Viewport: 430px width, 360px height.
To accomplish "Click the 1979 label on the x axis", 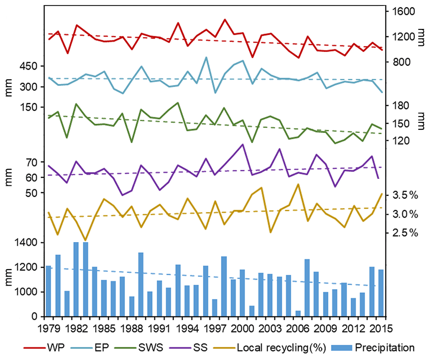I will point(49,328).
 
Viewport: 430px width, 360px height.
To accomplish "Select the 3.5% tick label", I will point(405,196).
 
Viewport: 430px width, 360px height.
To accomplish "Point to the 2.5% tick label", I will point(405,233).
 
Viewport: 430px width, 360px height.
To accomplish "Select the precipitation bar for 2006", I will point(298,314).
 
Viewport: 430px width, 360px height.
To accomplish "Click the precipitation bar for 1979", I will point(49,291).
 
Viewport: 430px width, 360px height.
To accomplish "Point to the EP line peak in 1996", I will point(206,58).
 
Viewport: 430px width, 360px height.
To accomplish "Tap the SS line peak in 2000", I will point(243,144).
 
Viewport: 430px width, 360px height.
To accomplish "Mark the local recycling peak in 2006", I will point(298,185).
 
